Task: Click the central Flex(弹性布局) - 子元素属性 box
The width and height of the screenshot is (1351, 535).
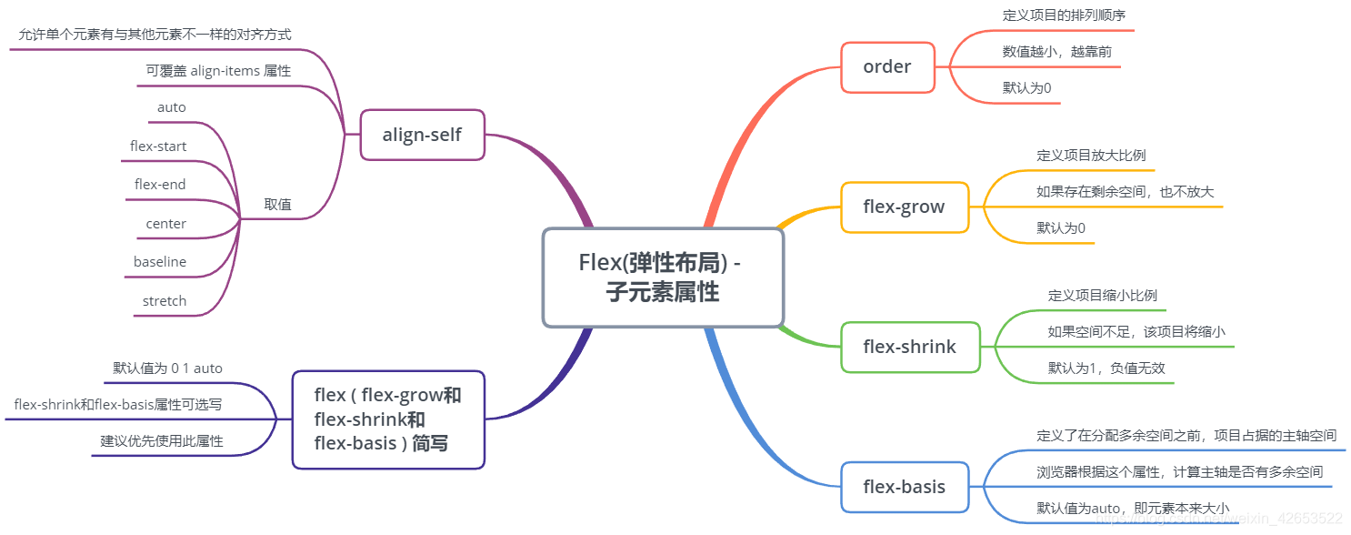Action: [663, 278]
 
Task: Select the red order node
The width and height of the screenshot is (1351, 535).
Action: [887, 67]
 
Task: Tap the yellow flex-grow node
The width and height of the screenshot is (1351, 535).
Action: [904, 207]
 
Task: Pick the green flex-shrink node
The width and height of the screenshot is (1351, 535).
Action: [909, 347]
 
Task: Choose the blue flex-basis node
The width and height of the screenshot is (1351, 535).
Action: [904, 487]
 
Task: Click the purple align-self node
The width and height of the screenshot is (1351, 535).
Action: [422, 136]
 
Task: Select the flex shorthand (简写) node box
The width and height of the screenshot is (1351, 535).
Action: [388, 419]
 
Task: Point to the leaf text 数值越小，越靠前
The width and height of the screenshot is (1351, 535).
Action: [1056, 52]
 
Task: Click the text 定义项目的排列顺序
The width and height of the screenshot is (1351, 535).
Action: [1065, 15]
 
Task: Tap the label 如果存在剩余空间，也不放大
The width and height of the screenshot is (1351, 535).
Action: [1125, 192]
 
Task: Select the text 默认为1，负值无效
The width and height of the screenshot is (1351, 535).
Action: [1106, 368]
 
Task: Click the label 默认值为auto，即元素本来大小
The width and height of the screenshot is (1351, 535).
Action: [1133, 508]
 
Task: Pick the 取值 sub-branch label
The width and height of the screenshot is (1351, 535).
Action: [277, 205]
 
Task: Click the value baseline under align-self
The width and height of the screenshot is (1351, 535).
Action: [160, 262]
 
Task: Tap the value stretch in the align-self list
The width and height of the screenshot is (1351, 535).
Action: [165, 301]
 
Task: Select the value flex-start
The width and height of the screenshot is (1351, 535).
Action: [158, 146]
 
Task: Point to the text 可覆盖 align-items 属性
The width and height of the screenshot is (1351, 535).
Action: [218, 71]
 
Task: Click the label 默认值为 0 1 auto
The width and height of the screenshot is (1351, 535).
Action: [167, 368]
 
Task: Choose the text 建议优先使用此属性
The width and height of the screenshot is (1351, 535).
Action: [162, 441]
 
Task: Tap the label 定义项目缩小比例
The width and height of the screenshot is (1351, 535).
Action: [1102, 296]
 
